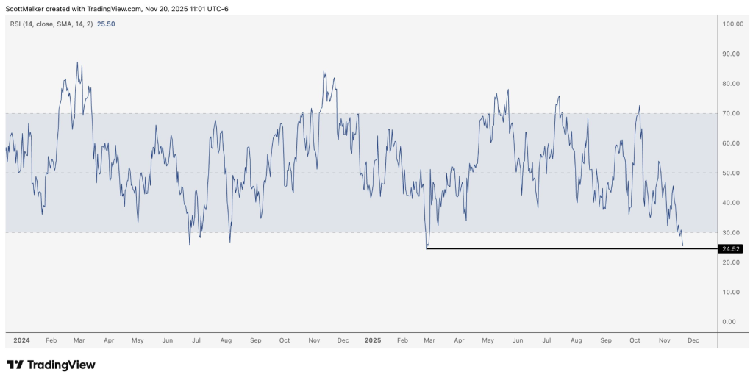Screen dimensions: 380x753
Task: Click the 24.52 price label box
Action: (x=731, y=249)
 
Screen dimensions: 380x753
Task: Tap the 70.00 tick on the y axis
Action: (x=731, y=113)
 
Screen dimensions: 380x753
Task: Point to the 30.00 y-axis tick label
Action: (x=731, y=233)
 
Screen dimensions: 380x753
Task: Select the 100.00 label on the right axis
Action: (x=732, y=24)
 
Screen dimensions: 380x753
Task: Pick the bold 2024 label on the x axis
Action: (x=21, y=341)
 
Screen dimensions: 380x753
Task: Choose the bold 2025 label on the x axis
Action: (x=374, y=341)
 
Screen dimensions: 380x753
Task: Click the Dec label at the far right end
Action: (x=693, y=341)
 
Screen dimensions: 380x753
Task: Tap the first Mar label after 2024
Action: (x=79, y=341)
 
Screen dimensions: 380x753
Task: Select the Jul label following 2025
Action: (x=546, y=341)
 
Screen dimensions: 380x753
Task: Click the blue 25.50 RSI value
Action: (x=106, y=24)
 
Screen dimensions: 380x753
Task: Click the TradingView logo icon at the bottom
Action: (x=14, y=365)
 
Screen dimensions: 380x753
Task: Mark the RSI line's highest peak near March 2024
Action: (x=78, y=62)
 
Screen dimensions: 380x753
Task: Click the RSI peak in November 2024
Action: (x=324, y=71)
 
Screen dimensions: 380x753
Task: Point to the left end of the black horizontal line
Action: (x=427, y=248)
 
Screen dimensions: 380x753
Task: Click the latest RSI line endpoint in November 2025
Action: (x=682, y=245)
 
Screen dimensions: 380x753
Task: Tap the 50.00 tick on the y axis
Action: (x=731, y=173)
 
